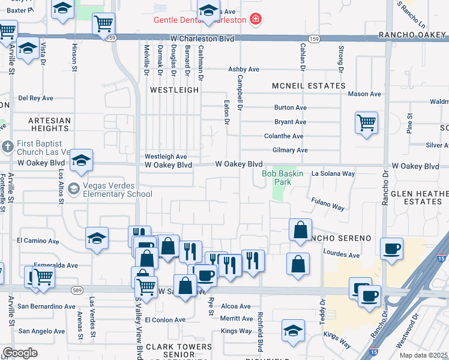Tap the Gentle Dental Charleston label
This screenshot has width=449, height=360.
[200, 19]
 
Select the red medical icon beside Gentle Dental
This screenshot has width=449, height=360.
[256, 19]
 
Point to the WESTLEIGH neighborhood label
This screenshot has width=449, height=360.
[174, 89]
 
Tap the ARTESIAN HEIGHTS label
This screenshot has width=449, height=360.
[49, 124]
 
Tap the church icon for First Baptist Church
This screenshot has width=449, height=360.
[7, 146]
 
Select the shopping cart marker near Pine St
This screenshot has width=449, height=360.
[366, 124]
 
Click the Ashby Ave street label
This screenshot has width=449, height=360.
[244, 70]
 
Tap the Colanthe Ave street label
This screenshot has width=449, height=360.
[284, 136]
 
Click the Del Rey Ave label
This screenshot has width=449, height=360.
[36, 98]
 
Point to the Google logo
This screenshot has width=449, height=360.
[20, 352]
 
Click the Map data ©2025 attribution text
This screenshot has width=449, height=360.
[423, 355]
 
